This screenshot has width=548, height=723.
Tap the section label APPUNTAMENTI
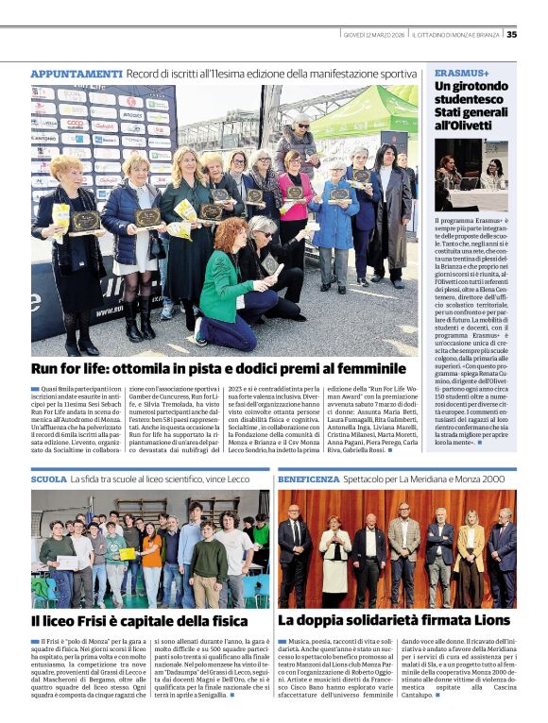coord(77,74)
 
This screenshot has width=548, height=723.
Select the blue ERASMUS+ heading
coord(462,73)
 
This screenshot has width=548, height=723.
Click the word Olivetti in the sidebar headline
coord(459,124)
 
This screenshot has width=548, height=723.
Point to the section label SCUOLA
coord(48,479)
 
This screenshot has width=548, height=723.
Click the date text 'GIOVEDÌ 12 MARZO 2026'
coord(376,35)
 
